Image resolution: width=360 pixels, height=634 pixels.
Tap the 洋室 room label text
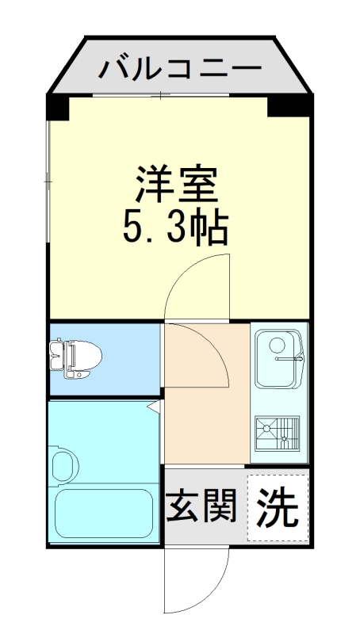tap(176, 184)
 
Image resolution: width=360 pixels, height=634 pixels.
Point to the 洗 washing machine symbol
tap(277, 507)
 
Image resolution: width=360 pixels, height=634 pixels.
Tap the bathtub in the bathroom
tap(105, 514)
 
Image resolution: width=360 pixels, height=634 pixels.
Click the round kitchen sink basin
tap(277, 346)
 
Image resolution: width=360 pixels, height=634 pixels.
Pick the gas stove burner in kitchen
tap(278, 432)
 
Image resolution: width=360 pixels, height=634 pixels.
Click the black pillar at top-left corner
tap(57, 106)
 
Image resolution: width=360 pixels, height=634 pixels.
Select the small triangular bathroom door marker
tap(155, 407)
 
